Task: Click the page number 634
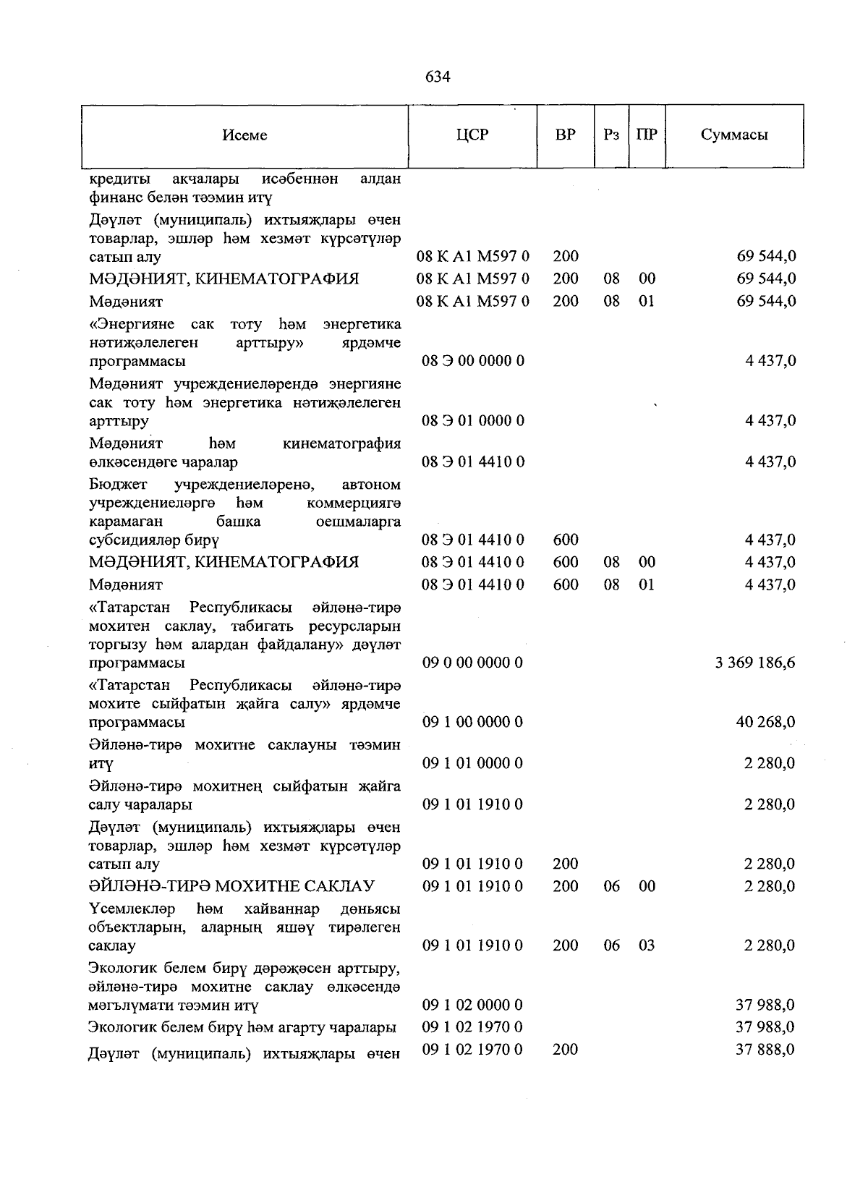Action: pos(438,77)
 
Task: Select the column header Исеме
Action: pos(244,135)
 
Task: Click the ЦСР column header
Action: pos(472,135)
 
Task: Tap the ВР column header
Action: pos(566,135)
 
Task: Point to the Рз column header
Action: pos(611,135)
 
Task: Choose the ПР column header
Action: pos(647,135)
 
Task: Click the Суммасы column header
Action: pos(734,135)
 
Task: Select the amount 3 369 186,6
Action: pos(755,663)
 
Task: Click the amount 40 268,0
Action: pos(765,722)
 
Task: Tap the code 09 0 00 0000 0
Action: pos(472,663)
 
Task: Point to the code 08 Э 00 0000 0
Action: pos(472,360)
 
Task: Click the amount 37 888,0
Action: pos(765,1049)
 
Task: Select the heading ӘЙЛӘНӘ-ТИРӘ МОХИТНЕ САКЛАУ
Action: pos(231,886)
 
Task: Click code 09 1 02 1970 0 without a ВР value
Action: pos(472,1027)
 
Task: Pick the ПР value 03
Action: pos(647,945)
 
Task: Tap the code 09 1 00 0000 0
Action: pos(472,722)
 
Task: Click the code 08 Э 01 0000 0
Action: pos(472,420)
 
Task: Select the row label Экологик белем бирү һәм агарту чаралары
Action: pos(242,1027)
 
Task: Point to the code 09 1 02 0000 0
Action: pos(472,1005)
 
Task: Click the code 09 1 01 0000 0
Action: pos(472,763)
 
